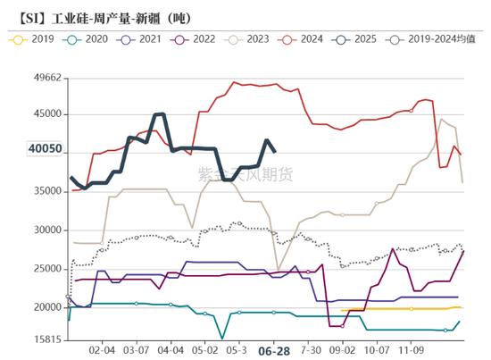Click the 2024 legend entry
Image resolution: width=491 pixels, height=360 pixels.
tap(312, 39)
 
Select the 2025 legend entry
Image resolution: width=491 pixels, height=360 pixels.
tap(367, 39)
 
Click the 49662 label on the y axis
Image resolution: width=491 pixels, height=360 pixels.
tap(43, 78)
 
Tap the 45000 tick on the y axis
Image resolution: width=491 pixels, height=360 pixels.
tap(43, 114)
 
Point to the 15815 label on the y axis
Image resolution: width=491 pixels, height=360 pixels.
tap(43, 340)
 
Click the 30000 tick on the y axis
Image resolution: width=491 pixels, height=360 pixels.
tap(43, 230)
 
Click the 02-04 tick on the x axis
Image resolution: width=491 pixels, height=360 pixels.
tap(104, 351)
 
